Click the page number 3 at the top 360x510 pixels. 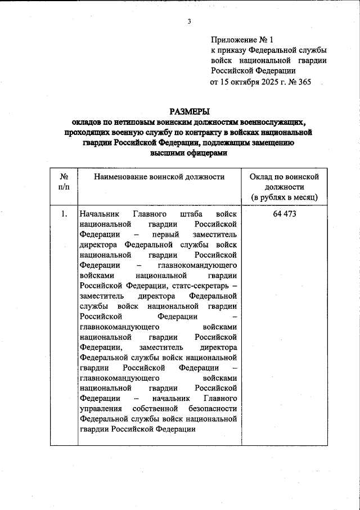[x=190, y=22]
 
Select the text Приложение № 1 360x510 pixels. [x=241, y=40]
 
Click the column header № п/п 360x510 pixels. [x=64, y=181]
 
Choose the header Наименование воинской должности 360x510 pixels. [x=159, y=177]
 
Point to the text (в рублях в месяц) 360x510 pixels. [x=284, y=197]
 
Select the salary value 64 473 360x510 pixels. [x=284, y=214]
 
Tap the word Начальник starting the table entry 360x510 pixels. [x=99, y=214]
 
